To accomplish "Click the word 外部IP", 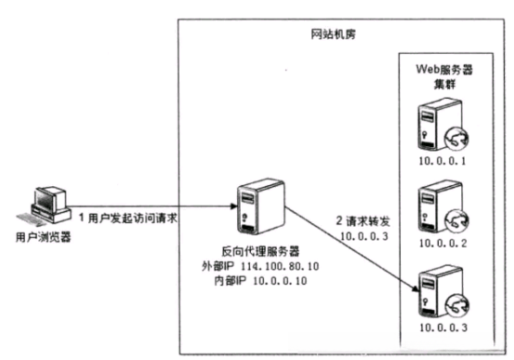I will point(216,265).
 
